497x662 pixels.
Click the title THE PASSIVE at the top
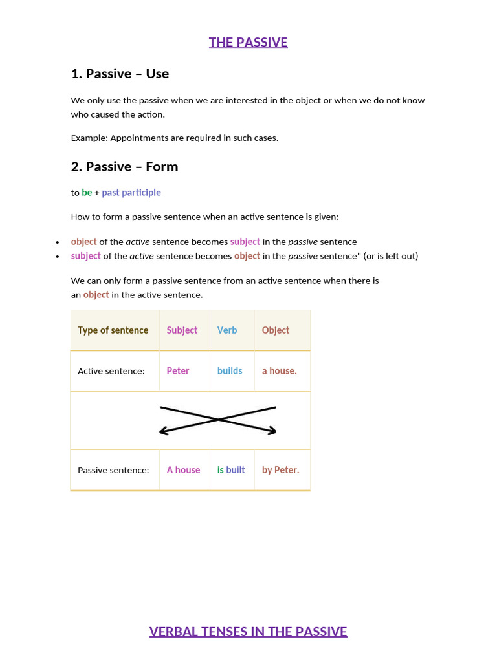[x=248, y=43]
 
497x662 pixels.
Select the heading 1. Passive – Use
[x=120, y=74]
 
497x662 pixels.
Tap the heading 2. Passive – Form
[x=124, y=167]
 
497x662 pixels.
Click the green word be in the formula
[x=87, y=193]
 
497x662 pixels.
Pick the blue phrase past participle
[x=131, y=193]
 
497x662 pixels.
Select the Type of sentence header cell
[x=113, y=330]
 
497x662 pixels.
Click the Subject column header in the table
[x=182, y=330]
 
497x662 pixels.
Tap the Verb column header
[x=227, y=330]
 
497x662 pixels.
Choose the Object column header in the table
[x=276, y=330]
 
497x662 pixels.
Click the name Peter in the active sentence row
[x=178, y=371]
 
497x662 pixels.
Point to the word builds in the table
[x=230, y=371]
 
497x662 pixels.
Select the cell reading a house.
[x=279, y=371]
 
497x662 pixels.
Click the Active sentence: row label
[x=111, y=371]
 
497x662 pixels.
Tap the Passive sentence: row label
[x=113, y=470]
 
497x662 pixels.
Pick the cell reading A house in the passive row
[x=183, y=470]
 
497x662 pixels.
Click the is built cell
[x=231, y=470]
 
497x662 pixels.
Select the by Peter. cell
[x=280, y=470]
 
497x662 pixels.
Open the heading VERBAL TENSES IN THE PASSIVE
[x=248, y=632]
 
